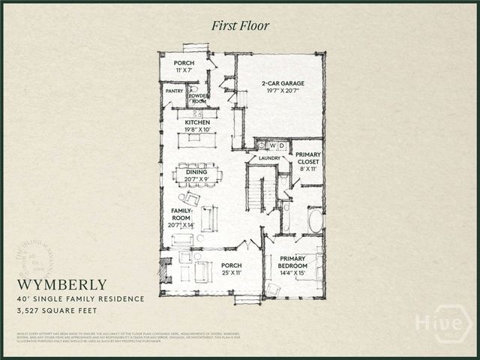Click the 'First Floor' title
[241, 26]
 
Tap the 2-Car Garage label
[280, 85]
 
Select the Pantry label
[174, 91]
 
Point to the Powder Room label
[199, 98]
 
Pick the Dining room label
[196, 175]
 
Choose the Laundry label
[268, 158]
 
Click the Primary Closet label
[307, 161]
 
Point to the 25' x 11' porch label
[231, 268]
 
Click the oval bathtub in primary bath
[316, 221]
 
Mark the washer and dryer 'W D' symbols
[277, 145]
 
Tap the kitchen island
[196, 139]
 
